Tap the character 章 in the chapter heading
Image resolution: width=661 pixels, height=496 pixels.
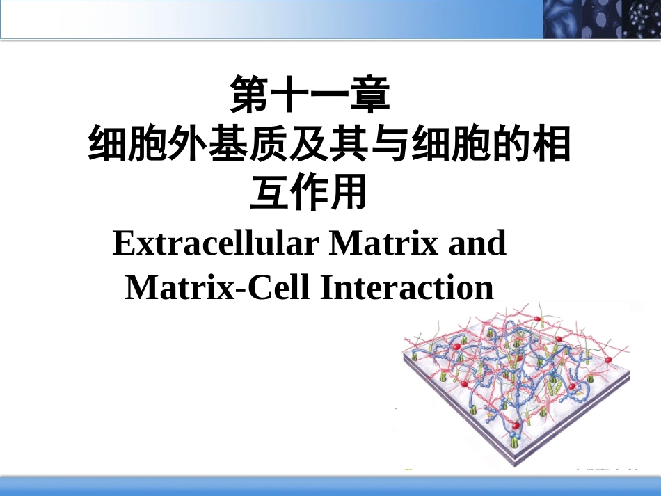369,96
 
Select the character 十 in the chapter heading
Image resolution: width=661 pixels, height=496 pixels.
289,96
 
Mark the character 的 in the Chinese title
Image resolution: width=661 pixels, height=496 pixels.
511,145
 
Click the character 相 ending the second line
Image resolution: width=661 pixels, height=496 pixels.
552,145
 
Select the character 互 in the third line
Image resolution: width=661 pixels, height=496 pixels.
269,193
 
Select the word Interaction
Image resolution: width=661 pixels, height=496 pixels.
406,287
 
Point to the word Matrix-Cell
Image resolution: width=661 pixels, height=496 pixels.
216,287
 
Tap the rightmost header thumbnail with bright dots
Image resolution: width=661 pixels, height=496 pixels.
641,19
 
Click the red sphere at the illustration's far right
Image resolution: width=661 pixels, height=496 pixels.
607,360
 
